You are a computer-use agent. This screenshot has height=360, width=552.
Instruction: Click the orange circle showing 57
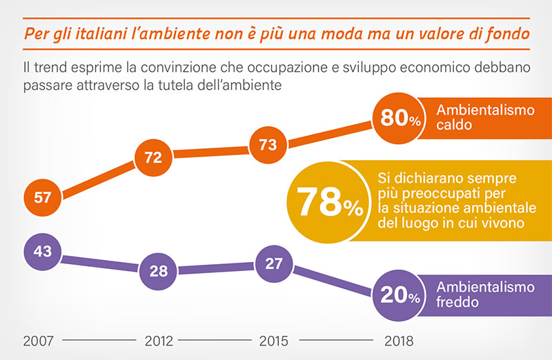click(x=43, y=198)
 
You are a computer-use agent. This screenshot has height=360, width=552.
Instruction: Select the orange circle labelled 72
click(x=153, y=158)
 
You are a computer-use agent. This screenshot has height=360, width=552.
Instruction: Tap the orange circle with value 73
click(x=268, y=145)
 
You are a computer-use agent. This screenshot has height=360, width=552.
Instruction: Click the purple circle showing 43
click(x=43, y=252)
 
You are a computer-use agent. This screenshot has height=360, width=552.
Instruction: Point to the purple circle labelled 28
click(x=159, y=271)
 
